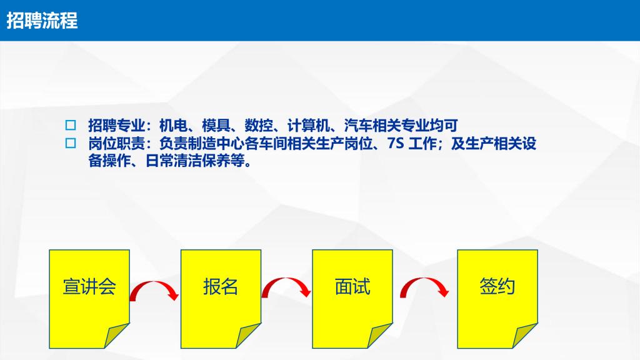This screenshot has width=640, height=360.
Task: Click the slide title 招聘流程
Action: point(42,21)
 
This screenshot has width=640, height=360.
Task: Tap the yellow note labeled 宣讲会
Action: point(89,299)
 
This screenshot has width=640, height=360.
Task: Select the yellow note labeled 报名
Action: point(221,299)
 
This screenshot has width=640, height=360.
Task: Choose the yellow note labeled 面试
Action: point(352,299)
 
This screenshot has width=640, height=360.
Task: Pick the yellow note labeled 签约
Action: point(497,299)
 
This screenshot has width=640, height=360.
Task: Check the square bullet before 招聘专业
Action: point(71,125)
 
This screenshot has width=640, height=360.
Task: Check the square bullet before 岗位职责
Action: point(71,143)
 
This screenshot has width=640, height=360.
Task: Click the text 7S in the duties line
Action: point(396,143)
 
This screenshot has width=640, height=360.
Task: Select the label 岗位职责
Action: point(117,143)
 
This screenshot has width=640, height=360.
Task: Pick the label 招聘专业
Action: point(117,125)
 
